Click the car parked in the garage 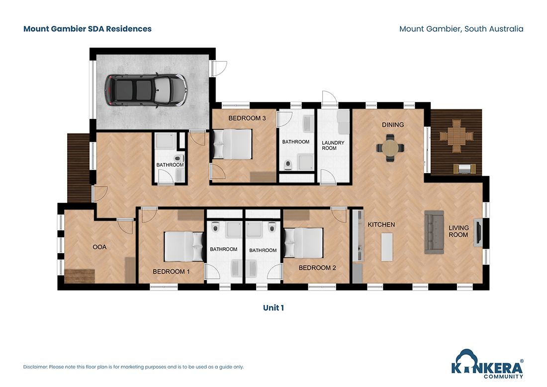pyautogui.click(x=145, y=90)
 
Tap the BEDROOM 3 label pyautogui.click(x=247, y=118)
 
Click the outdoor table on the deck pyautogui.click(x=456, y=135)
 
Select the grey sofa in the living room pyautogui.click(x=434, y=232)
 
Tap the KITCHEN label pyautogui.click(x=381, y=225)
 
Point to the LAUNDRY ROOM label pyautogui.click(x=333, y=145)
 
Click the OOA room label pyautogui.click(x=99, y=247)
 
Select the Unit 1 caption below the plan pyautogui.click(x=273, y=308)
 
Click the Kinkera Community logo pyautogui.click(x=487, y=364)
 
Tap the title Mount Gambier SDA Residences pyautogui.click(x=88, y=29)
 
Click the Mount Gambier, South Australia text pyautogui.click(x=461, y=29)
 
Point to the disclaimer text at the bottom pyautogui.click(x=133, y=367)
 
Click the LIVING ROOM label pyautogui.click(x=458, y=231)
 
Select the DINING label pyautogui.click(x=392, y=125)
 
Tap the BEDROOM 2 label pyautogui.click(x=317, y=268)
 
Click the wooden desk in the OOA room pyautogui.click(x=80, y=274)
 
